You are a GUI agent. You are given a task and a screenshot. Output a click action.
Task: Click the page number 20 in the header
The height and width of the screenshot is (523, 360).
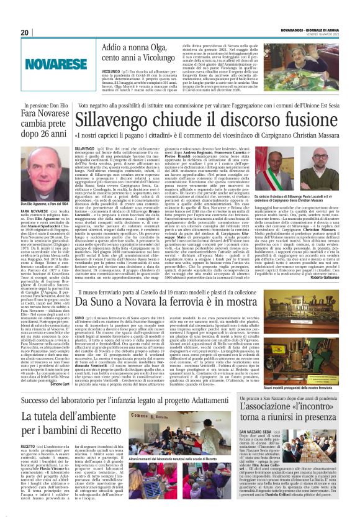[x=24, y=32]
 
